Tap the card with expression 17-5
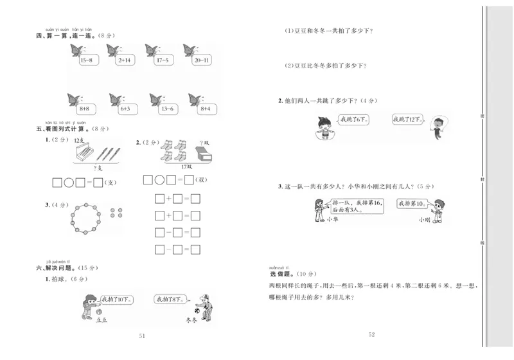pyautogui.click(x=162, y=60)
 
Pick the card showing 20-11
pyautogui.click(x=201, y=60)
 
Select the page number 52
pyautogui.click(x=371, y=334)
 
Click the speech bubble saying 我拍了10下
pyautogui.click(x=116, y=299)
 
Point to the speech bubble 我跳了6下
pyautogui.click(x=353, y=120)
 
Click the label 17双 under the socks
pyautogui.click(x=186, y=166)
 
